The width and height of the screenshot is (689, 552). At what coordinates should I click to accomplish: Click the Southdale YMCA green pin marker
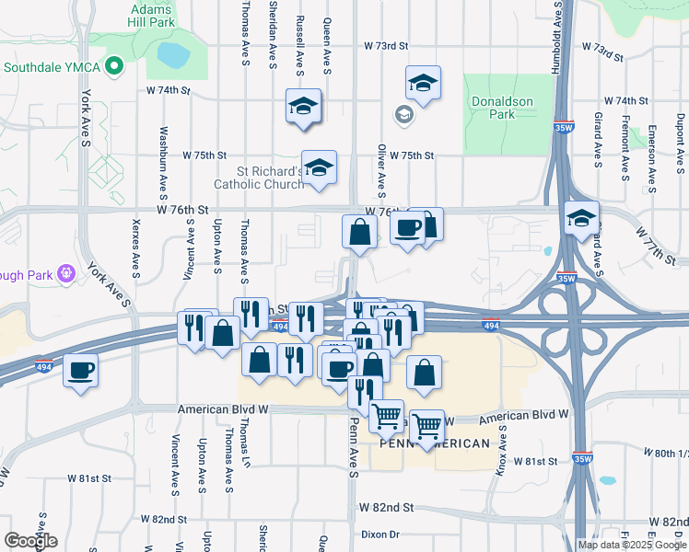click(115, 66)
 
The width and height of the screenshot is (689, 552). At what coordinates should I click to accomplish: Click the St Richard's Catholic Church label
click(259, 177)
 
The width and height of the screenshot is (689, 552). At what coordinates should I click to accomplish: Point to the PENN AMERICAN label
click(435, 443)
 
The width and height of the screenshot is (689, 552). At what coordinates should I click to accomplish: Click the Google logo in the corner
click(30, 541)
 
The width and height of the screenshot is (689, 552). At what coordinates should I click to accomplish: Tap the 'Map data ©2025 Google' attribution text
click(632, 545)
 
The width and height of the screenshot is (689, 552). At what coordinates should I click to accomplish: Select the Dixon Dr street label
click(380, 534)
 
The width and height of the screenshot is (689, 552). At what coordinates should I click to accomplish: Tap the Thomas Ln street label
click(245, 445)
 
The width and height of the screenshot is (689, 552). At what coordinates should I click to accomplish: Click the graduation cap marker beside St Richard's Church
click(319, 168)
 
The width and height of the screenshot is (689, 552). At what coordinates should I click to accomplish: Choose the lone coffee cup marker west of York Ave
click(81, 371)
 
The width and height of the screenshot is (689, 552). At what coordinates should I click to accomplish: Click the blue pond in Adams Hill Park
click(171, 56)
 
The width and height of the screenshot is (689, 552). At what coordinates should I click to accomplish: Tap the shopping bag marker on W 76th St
click(359, 233)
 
